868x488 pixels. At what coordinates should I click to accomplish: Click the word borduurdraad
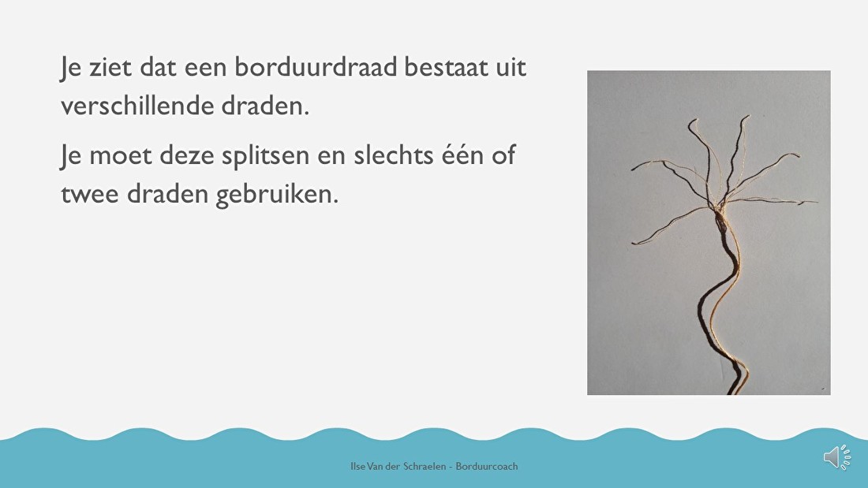click(316, 67)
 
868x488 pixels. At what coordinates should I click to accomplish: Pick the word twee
click(90, 194)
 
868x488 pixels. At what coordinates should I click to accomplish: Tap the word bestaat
click(446, 67)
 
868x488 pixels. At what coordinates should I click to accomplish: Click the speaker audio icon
click(837, 457)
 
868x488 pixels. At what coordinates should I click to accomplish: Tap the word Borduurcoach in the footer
click(487, 467)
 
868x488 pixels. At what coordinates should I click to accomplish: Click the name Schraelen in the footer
click(425, 467)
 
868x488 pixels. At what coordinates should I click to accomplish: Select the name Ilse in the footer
click(357, 467)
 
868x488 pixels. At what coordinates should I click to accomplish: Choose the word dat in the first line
click(158, 68)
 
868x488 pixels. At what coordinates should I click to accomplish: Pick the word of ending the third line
click(503, 155)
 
